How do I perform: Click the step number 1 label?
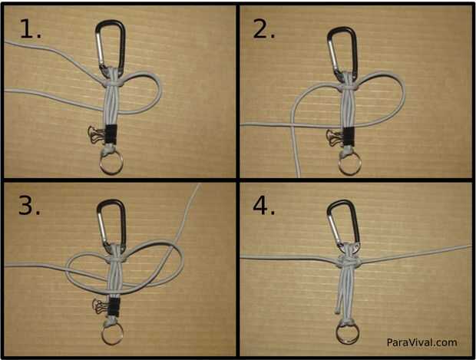pyautogui.click(x=31, y=28)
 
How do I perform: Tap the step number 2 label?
pyautogui.click(x=264, y=30)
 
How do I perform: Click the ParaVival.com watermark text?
pyautogui.click(x=421, y=342)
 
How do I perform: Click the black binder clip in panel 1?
pyautogui.click(x=111, y=134)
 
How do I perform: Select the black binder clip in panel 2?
pyautogui.click(x=349, y=137)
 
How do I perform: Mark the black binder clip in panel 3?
pyautogui.click(x=114, y=307)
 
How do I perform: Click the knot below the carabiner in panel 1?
pyautogui.click(x=113, y=83)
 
